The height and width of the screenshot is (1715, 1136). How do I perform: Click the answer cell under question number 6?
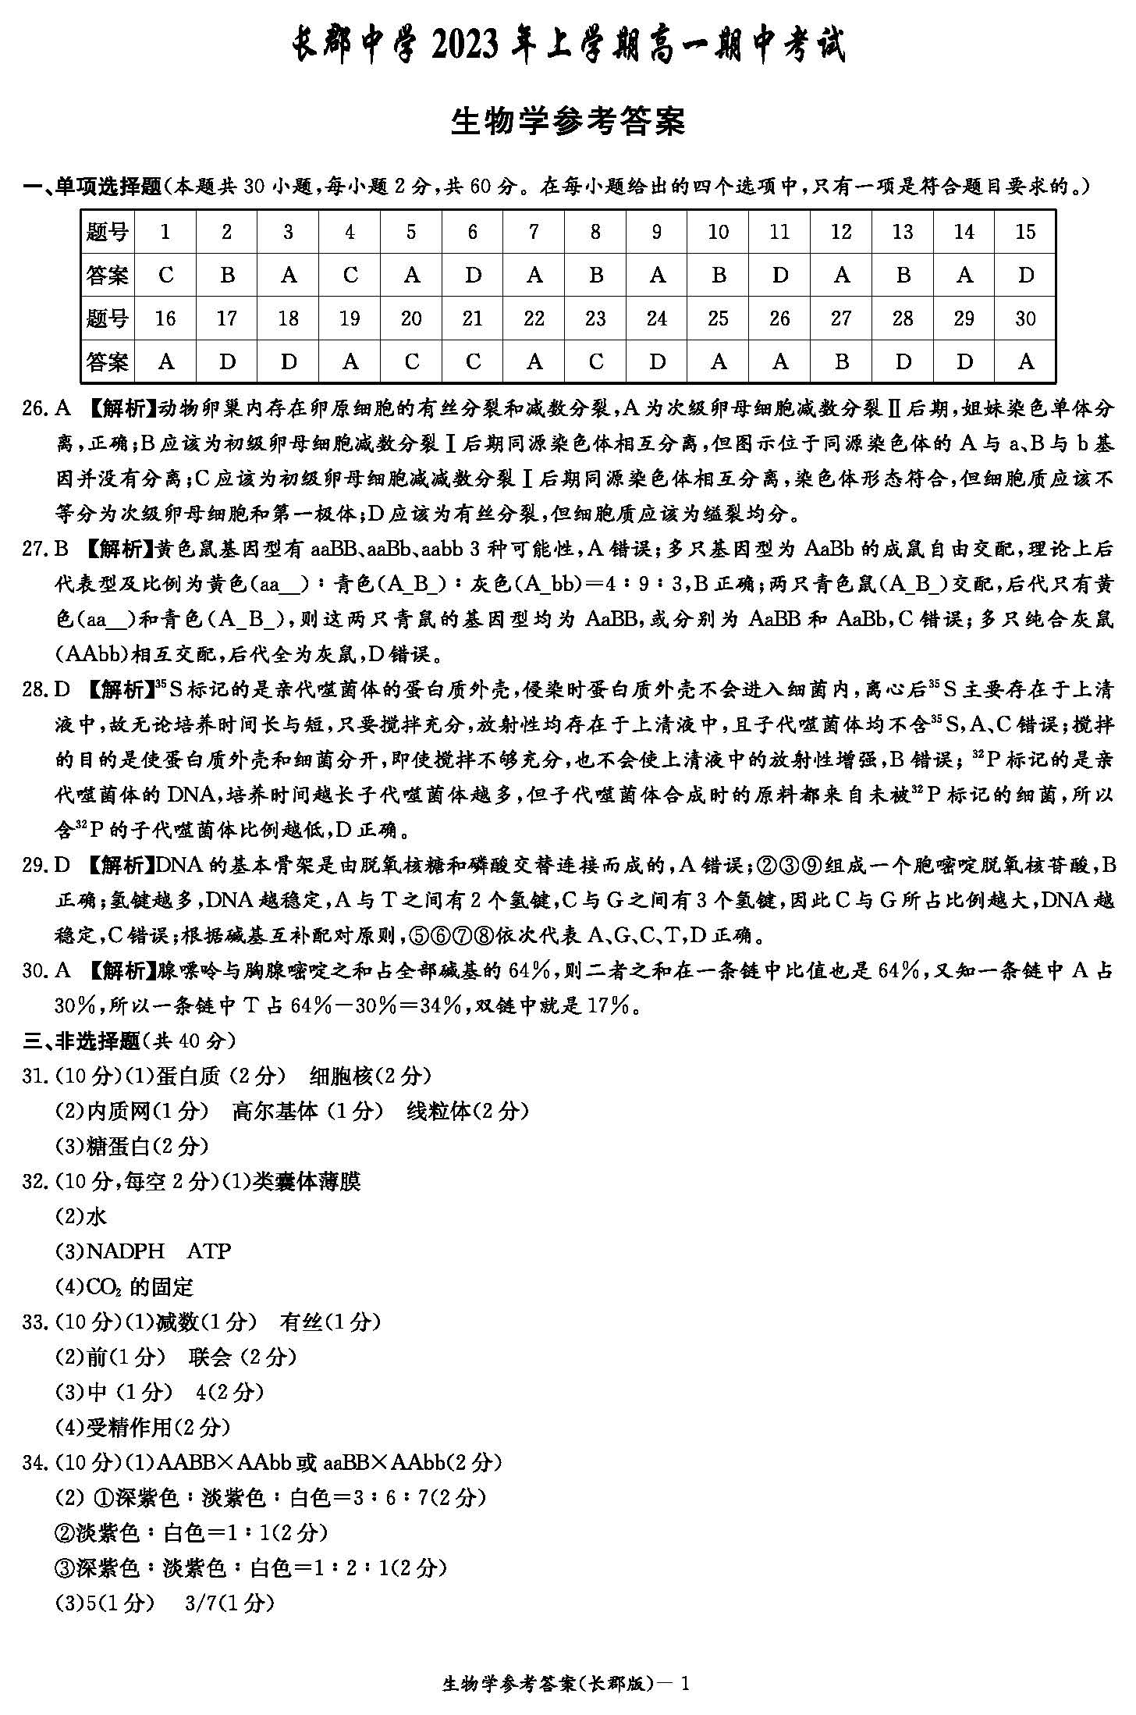pos(473,276)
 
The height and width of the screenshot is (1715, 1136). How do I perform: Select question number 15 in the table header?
pos(1025,232)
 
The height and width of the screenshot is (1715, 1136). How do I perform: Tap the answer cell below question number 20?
pos(411,362)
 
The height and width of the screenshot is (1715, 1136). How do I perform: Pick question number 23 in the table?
pos(595,318)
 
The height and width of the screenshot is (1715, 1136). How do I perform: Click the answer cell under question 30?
pos(1025,362)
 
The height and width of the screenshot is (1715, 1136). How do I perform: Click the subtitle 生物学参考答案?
pos(568,122)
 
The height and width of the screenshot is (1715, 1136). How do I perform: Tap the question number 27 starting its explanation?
pos(36,550)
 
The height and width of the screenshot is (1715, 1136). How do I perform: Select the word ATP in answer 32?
pos(209,1251)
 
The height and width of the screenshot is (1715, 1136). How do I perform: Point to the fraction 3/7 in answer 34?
pos(201,1603)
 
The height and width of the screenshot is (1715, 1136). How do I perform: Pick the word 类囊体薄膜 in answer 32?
pos(307,1182)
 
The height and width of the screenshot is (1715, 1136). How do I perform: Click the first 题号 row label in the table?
pos(108,232)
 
